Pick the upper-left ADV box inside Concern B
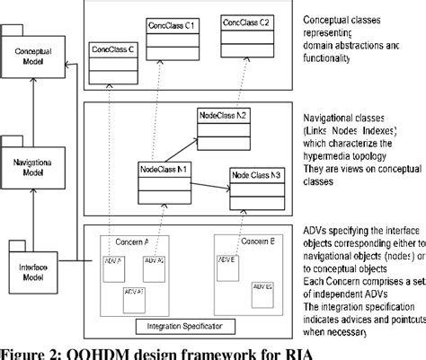(226, 268)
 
